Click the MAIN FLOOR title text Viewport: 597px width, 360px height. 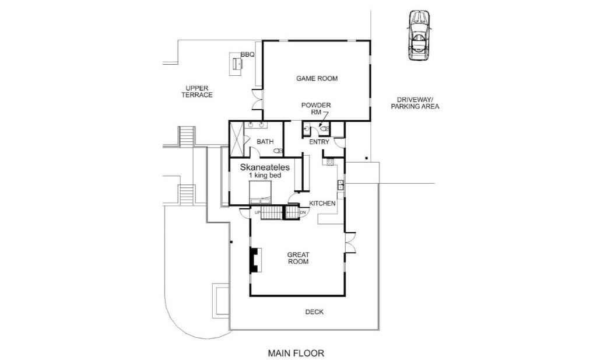point(296,353)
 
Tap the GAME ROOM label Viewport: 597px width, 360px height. point(317,78)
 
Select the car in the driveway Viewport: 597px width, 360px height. point(419,36)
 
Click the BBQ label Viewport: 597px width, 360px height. point(247,55)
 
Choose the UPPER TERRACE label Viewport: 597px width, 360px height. point(197,92)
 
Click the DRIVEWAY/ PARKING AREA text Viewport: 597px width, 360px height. point(415,103)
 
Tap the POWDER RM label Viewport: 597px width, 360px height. point(316,109)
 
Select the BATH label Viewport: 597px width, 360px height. point(265,142)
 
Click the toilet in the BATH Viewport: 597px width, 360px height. point(278,151)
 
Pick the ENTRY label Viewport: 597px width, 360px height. point(319,142)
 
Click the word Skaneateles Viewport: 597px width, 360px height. point(265,167)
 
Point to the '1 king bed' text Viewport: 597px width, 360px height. point(265,176)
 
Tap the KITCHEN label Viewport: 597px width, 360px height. point(322,204)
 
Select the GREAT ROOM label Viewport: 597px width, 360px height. point(298,258)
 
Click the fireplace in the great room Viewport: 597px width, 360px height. point(255,260)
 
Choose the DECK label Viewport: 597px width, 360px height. point(314,312)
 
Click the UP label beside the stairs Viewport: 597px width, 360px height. point(257,212)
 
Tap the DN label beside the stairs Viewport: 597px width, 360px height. point(303,212)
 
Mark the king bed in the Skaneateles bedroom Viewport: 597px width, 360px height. point(261,193)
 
